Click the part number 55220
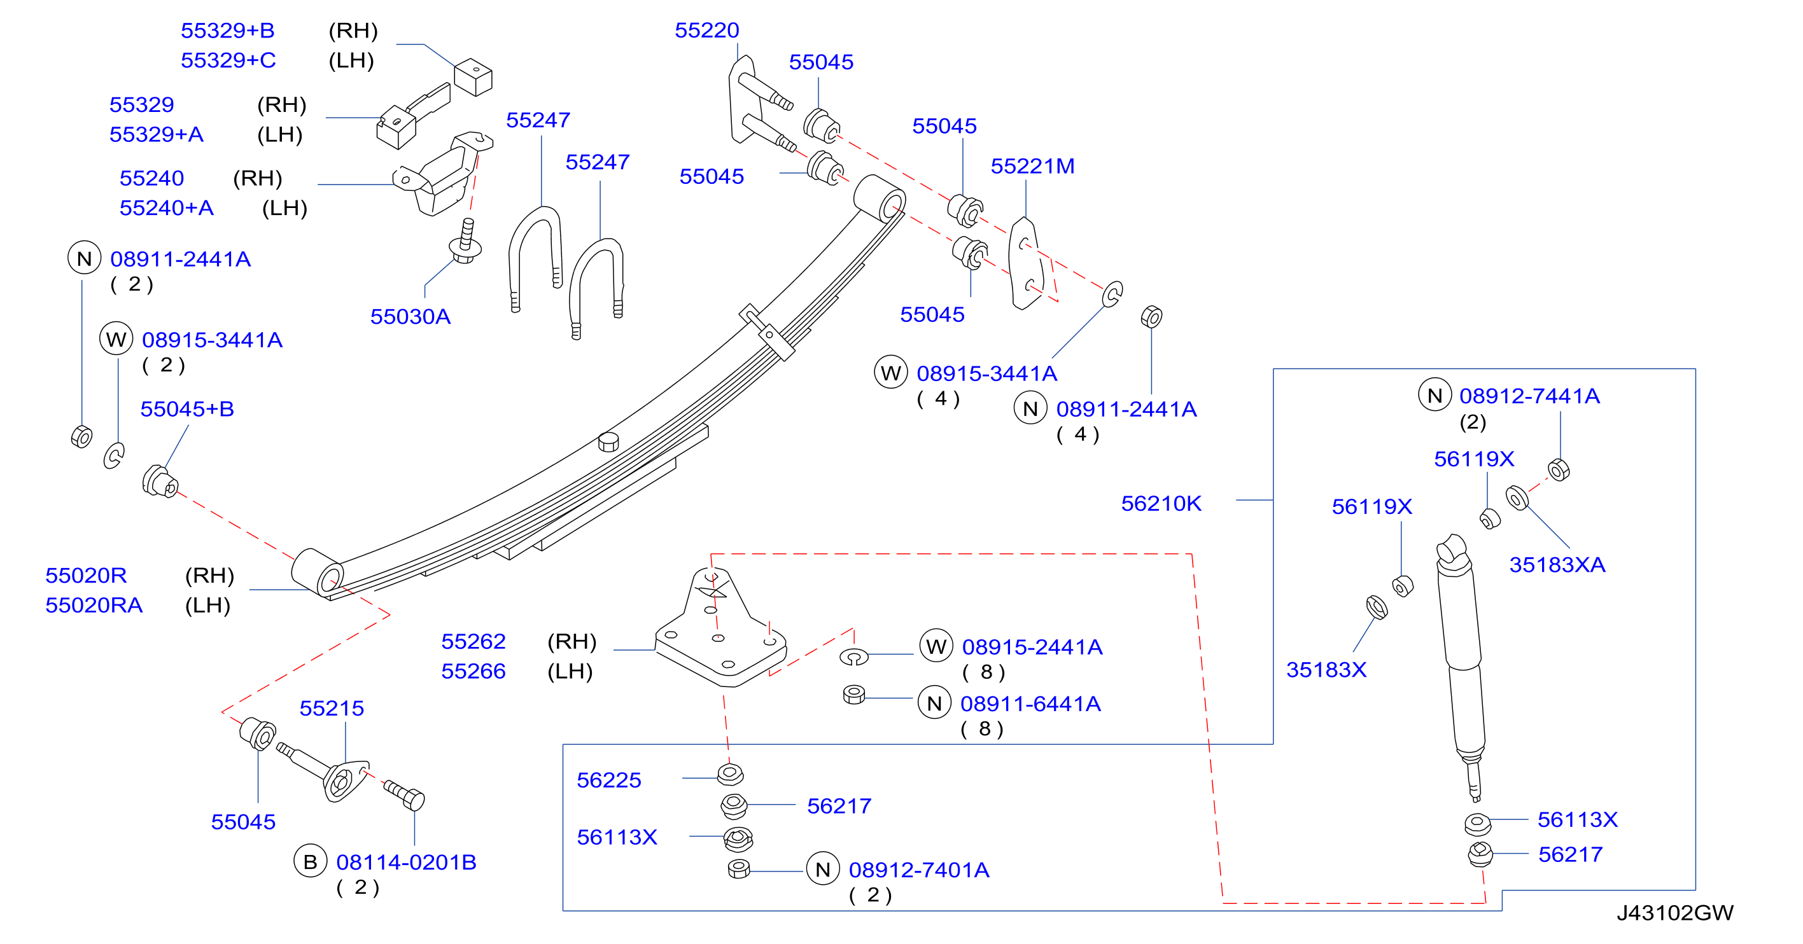(x=706, y=30)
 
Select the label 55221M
(x=1032, y=166)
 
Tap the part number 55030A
(x=410, y=316)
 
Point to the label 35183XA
(x=1557, y=564)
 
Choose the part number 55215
(x=331, y=708)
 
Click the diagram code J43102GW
(x=1674, y=912)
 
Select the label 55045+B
(x=187, y=408)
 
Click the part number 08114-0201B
(x=406, y=862)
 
